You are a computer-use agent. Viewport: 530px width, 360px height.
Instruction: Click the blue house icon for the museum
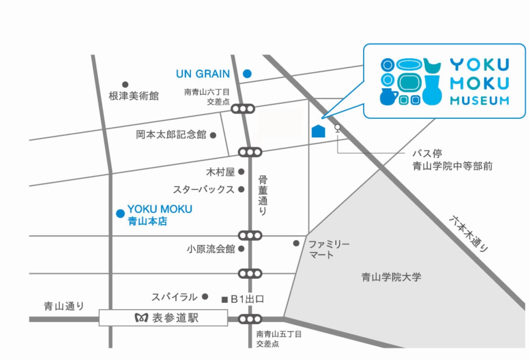tap(318, 131)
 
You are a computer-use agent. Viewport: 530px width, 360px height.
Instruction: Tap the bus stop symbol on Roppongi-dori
tap(338, 128)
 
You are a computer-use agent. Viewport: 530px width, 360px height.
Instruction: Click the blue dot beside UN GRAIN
tap(247, 74)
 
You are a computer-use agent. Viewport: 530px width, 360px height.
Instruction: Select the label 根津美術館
tap(133, 96)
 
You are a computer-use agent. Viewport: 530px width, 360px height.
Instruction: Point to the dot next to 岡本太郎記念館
tap(213, 135)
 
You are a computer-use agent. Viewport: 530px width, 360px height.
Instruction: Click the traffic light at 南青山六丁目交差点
tap(243, 109)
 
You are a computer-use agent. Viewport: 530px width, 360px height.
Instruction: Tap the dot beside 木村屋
tap(241, 172)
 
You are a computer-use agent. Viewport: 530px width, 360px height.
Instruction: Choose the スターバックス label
tap(203, 190)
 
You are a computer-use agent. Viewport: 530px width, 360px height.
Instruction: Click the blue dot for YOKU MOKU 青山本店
tap(120, 213)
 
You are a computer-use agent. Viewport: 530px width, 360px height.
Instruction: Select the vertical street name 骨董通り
tap(263, 195)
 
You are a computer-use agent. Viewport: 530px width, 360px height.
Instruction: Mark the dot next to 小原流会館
tap(241, 249)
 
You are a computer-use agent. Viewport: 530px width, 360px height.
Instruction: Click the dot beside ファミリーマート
tap(296, 243)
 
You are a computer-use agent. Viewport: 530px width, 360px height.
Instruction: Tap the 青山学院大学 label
tap(391, 277)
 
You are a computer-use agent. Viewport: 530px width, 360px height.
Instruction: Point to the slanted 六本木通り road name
tap(468, 234)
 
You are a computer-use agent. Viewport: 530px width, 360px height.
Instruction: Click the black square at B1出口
tap(225, 300)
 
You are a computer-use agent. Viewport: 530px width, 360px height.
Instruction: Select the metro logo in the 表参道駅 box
tap(141, 318)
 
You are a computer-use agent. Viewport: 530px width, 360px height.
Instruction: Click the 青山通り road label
tap(64, 306)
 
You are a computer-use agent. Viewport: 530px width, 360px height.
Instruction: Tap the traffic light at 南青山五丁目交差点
tap(250, 319)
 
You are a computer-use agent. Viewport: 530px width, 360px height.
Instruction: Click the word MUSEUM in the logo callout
tap(479, 101)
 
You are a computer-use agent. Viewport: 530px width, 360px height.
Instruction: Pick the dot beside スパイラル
tap(205, 297)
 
